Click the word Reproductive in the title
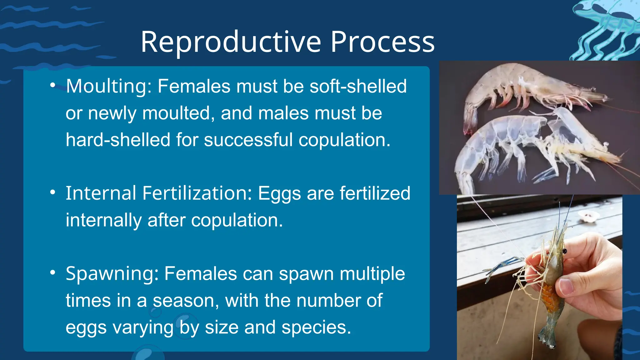pyautogui.click(x=231, y=42)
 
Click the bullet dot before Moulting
pyautogui.click(x=53, y=85)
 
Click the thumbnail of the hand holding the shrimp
pyautogui.click(x=539, y=277)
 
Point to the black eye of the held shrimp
pyautogui.click(x=564, y=251)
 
